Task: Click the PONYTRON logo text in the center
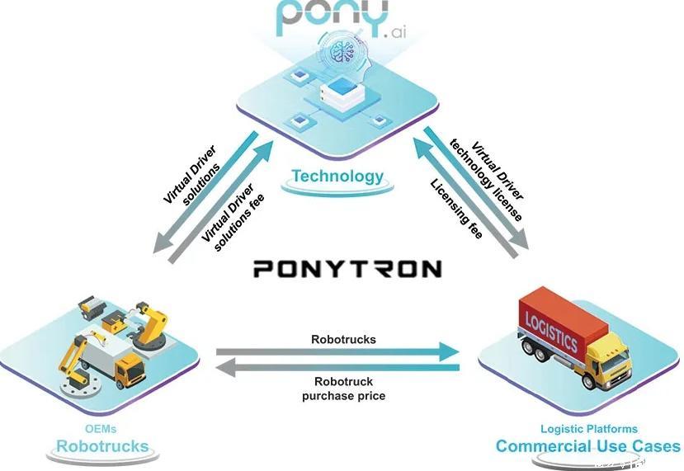(347, 268)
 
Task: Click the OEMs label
(102, 429)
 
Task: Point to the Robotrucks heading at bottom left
(102, 447)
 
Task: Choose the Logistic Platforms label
(588, 429)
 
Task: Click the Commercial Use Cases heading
(588, 447)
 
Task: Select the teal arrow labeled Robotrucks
(338, 352)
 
